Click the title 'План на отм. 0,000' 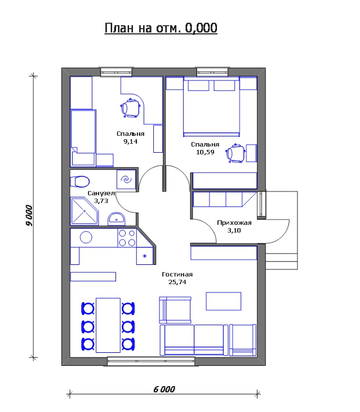(x=161, y=28)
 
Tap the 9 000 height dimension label (x=29, y=215)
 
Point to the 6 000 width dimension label (x=165, y=389)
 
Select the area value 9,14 (x=131, y=141)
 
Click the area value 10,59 (x=205, y=152)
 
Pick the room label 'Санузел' (x=101, y=193)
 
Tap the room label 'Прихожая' (x=234, y=223)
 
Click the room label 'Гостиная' (x=177, y=274)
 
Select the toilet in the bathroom (x=80, y=181)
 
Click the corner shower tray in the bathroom (x=84, y=211)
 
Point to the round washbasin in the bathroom (x=116, y=219)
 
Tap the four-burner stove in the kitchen (x=127, y=237)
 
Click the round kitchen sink (x=86, y=237)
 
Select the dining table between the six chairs (x=108, y=325)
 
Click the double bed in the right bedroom (x=211, y=107)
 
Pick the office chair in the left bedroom (x=131, y=108)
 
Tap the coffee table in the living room (x=224, y=301)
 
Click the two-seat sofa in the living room (x=194, y=340)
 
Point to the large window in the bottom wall (x=151, y=361)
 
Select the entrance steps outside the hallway (x=282, y=262)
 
